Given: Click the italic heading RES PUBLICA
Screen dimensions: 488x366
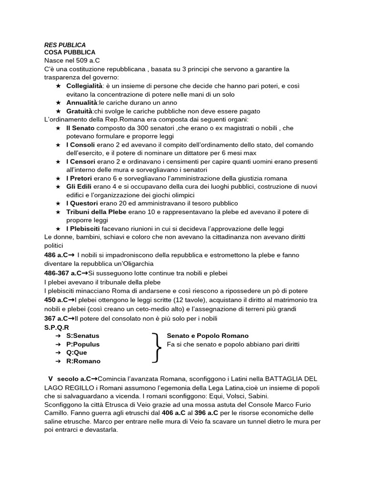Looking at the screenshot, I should point(65,44).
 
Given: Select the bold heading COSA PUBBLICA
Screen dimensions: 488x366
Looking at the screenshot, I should point(70,52).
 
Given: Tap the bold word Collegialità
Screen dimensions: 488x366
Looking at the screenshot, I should point(85,86).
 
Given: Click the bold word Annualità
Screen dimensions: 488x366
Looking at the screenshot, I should point(81,102).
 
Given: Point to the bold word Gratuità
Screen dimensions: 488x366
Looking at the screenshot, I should point(80,111).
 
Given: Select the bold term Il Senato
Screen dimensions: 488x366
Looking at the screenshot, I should point(80,128).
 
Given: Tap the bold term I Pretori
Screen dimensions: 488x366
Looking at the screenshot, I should point(79,178).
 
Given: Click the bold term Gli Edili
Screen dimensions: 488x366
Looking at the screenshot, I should point(79,186).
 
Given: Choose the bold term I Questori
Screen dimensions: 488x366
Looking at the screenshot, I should point(82,203).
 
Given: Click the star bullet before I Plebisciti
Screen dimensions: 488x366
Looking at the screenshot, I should point(58,228).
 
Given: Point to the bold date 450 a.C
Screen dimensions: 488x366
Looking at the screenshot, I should point(56,300).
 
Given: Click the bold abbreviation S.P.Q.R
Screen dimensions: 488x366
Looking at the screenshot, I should point(56,327).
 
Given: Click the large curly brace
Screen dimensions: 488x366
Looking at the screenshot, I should point(157,348).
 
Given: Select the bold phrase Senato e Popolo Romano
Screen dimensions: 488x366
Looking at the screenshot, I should point(208,336).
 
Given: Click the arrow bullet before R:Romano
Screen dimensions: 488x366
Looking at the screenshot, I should point(57,361).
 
